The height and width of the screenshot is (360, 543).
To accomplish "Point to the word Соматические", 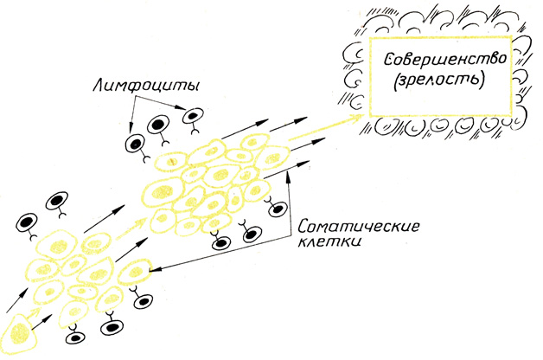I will (x=358, y=228).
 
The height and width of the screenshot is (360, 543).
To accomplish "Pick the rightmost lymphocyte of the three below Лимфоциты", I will (x=193, y=117).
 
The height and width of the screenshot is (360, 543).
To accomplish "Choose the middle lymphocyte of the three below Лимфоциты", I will (x=159, y=127).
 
